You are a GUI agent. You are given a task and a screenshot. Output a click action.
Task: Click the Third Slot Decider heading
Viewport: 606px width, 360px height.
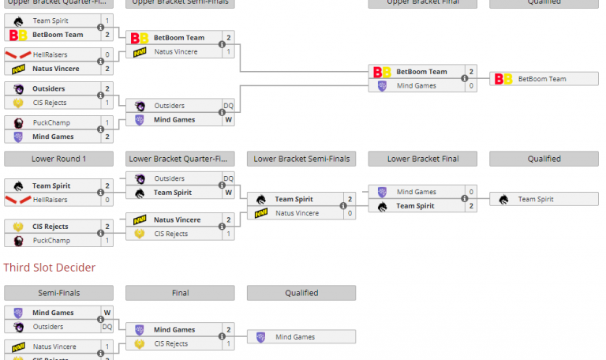pyautogui.click(x=49, y=268)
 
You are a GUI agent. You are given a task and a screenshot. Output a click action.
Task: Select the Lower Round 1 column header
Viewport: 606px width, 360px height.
pyautogui.click(x=58, y=159)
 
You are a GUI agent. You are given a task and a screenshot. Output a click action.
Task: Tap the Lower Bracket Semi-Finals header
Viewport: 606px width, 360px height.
pyautogui.click(x=301, y=159)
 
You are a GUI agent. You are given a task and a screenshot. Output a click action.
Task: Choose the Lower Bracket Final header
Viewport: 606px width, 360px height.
pyautogui.click(x=423, y=159)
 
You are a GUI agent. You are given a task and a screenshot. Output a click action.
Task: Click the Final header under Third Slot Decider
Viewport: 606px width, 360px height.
pyautogui.click(x=180, y=293)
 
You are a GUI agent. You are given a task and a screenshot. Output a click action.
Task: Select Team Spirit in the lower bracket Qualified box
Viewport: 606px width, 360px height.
pyautogui.click(x=537, y=200)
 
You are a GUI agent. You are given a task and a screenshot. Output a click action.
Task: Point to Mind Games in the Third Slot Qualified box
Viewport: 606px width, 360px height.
pyautogui.click(x=295, y=337)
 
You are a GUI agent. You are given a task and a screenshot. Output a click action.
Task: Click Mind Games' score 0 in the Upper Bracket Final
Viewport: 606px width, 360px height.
pyautogui.click(x=471, y=86)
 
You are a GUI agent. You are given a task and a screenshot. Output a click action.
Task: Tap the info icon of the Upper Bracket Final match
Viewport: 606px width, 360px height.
pyautogui.click(x=464, y=79)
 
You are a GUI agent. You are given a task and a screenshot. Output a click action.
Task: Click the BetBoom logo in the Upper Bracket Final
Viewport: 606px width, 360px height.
pyautogui.click(x=382, y=72)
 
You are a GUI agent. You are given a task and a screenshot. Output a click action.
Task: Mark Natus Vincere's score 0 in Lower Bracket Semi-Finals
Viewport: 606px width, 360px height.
pyautogui.click(x=350, y=213)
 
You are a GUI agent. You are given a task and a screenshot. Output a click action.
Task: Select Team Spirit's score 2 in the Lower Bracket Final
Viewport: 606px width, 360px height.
pyautogui.click(x=471, y=206)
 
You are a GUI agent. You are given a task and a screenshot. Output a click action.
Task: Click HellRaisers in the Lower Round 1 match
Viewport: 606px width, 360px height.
pyautogui.click(x=50, y=200)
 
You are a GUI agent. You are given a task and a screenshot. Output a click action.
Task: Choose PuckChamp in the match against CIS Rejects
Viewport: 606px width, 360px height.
pyautogui.click(x=51, y=240)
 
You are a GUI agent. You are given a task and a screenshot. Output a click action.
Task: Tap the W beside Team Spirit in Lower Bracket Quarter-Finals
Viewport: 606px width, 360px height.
pyautogui.click(x=228, y=193)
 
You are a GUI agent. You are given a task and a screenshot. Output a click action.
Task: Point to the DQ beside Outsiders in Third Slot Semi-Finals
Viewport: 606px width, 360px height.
pyautogui.click(x=107, y=327)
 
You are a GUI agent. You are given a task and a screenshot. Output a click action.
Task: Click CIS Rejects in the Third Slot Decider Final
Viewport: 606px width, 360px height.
pyautogui.click(x=170, y=344)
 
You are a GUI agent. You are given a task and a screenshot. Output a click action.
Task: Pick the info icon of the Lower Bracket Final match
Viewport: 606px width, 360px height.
pyautogui.click(x=464, y=199)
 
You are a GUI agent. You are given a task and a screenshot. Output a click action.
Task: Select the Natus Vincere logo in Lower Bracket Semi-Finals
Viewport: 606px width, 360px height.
pyautogui.click(x=260, y=213)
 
